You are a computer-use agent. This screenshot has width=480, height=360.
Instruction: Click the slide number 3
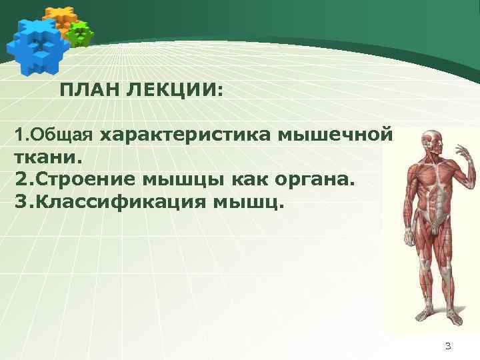click(448, 345)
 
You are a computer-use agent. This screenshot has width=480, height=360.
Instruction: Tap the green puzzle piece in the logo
click(81, 33)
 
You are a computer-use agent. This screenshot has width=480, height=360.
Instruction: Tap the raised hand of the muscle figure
click(467, 154)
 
